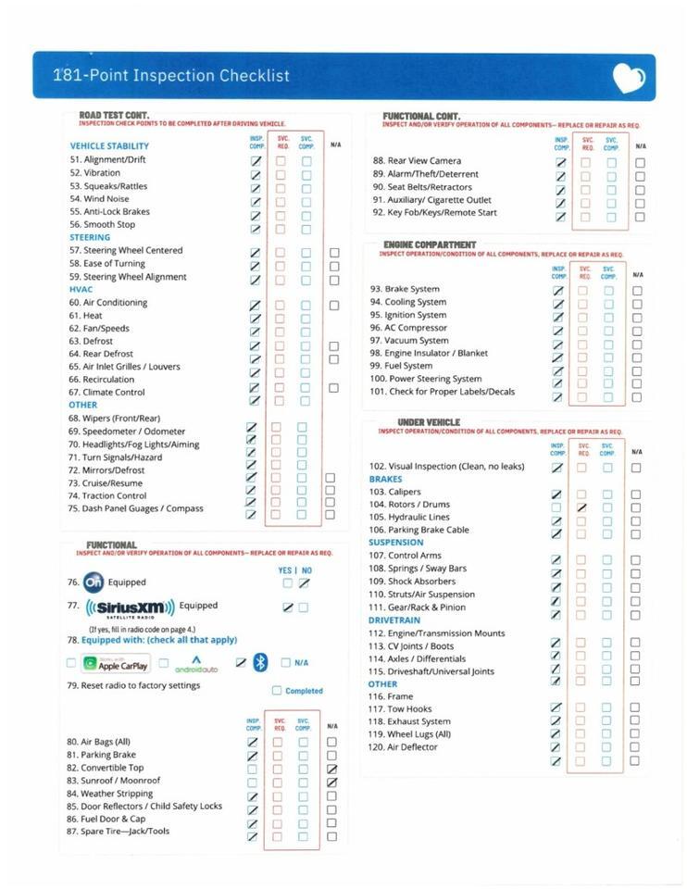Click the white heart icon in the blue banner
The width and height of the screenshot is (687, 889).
click(630, 78)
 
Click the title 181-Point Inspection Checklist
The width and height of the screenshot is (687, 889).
click(171, 76)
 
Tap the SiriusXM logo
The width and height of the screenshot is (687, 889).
click(130, 607)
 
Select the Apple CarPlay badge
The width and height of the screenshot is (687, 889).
click(116, 664)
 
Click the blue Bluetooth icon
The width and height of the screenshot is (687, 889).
click(260, 662)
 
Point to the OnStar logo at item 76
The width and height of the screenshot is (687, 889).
click(93, 582)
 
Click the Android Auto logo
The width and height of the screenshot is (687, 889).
click(195, 664)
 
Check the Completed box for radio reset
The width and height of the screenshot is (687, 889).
click(277, 691)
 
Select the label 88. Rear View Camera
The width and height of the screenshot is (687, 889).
click(417, 161)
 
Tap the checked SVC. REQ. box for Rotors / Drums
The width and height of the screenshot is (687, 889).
click(581, 507)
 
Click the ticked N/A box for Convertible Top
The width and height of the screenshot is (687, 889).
click(332, 769)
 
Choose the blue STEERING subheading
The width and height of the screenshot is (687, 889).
click(90, 237)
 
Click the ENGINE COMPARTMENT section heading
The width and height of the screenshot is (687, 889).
click(423, 244)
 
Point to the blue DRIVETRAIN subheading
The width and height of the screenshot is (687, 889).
click(394, 620)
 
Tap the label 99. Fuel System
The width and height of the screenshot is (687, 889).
click(401, 366)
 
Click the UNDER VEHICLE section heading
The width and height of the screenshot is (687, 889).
click(429, 422)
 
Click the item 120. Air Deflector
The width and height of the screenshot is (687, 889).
click(403, 747)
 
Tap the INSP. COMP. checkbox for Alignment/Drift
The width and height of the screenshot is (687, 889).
click(256, 161)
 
